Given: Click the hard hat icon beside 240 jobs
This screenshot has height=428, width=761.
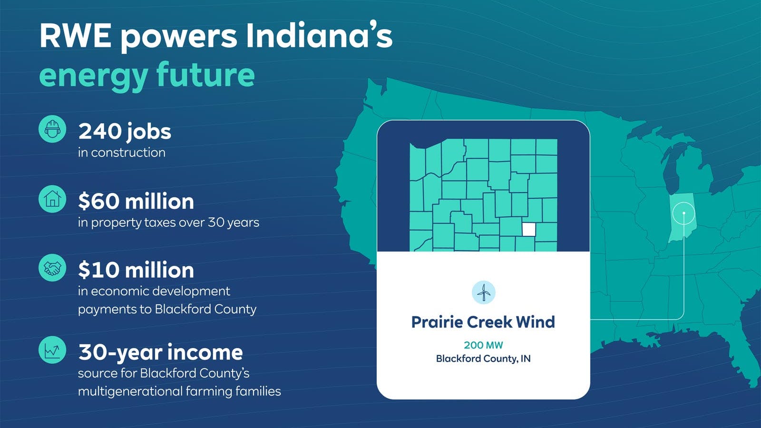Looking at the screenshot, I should click(x=52, y=129).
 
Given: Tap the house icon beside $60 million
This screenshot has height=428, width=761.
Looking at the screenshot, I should click(x=52, y=199).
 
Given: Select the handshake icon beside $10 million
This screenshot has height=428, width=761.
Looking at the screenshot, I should click(x=52, y=268).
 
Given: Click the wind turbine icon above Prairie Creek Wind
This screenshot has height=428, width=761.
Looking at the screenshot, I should click(x=483, y=292).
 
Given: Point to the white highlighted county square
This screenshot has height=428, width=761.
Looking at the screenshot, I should click(x=528, y=229).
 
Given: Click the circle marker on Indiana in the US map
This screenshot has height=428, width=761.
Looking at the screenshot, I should click(x=683, y=214).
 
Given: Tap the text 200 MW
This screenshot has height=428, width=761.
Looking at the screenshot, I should click(x=483, y=345).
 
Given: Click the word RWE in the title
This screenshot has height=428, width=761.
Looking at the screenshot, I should click(x=76, y=36).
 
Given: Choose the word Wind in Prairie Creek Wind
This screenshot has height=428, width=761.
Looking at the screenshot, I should click(x=535, y=322).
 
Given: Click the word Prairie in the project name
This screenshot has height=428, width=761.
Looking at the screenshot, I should click(x=437, y=322).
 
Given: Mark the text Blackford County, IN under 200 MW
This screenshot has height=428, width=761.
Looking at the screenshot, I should click(x=483, y=359).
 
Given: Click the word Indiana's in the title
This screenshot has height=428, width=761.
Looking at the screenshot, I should click(x=319, y=36).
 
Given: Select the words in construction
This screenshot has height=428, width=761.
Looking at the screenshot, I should click(x=122, y=153).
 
